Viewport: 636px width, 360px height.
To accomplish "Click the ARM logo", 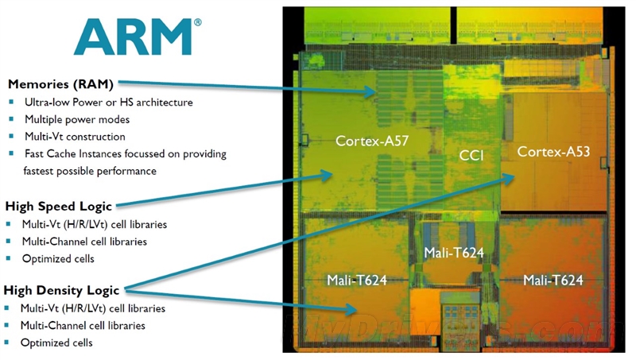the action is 133,37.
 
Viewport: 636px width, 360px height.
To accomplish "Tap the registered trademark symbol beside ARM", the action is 197,22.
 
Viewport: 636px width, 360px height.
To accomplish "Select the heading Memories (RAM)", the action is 60,84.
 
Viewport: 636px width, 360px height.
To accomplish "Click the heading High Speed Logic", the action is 58,207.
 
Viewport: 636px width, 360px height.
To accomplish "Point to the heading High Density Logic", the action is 61,290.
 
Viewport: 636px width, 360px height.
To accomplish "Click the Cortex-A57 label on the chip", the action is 372,141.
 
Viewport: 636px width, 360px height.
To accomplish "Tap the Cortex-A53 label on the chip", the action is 553,152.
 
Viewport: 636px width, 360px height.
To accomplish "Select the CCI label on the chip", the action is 471,156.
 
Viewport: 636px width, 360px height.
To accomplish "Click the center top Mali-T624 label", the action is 454,253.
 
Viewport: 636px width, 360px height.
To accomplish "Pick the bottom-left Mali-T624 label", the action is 357,281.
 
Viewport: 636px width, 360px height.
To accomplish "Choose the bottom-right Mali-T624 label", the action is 553,281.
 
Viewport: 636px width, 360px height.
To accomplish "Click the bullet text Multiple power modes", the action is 77,119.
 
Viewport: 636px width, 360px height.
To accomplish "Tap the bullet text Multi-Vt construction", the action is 75,137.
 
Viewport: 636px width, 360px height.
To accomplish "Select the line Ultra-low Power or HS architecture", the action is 109,103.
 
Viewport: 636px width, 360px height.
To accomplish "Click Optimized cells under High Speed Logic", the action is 58,258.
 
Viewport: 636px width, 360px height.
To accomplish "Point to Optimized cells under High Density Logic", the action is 56,343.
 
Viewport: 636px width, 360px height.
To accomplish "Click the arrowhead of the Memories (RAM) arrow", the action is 370,91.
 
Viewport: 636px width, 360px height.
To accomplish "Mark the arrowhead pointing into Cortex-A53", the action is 509,178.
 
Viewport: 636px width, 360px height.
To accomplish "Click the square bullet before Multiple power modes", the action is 11,119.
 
